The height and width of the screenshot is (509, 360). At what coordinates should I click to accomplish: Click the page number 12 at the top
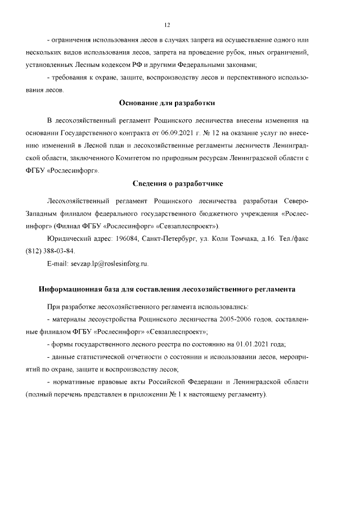(x=166, y=25)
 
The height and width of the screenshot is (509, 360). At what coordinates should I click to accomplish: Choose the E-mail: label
(x=57, y=263)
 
